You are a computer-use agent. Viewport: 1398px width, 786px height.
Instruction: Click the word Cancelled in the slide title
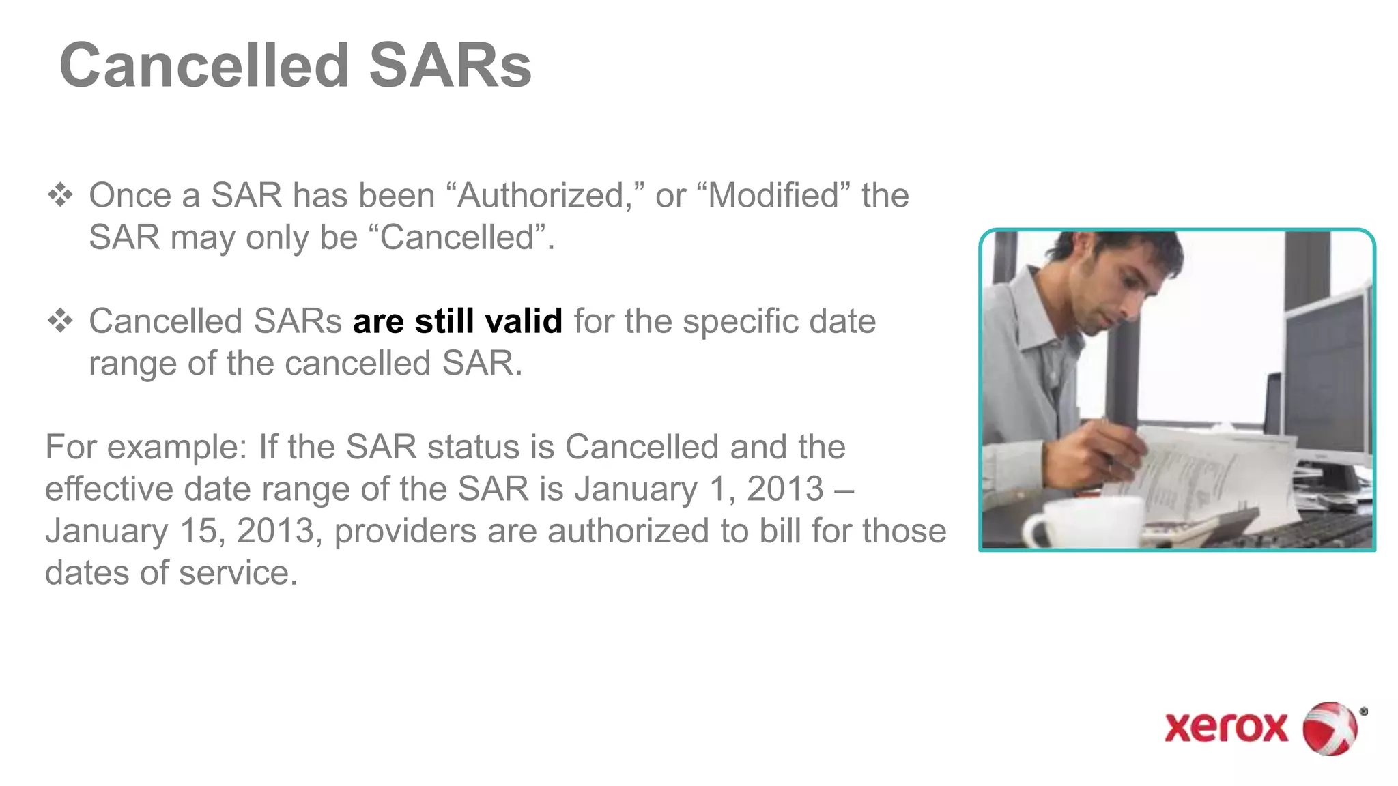(205, 65)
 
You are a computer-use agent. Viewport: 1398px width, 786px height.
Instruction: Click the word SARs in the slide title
(450, 65)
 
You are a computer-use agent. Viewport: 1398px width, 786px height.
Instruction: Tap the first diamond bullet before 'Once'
(61, 195)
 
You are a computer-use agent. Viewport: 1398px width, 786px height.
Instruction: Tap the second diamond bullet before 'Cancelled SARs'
(61, 321)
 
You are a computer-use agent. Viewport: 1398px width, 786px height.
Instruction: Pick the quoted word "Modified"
(774, 196)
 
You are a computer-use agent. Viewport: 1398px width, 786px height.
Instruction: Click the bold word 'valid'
(524, 321)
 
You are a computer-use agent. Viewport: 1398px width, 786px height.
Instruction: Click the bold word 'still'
(444, 321)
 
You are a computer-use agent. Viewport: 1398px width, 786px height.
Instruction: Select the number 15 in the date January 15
(199, 531)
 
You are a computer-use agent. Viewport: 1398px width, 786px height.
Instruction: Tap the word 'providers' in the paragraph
(405, 531)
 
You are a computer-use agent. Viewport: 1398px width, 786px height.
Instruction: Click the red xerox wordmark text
(1226, 728)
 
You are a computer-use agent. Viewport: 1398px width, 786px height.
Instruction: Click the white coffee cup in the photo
(1085, 522)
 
